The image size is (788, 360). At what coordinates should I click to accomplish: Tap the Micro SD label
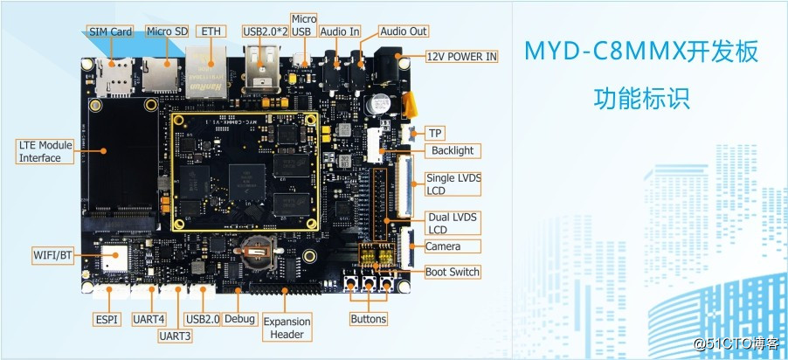pyautogui.click(x=167, y=32)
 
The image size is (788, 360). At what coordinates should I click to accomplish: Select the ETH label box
pyautogui.click(x=211, y=31)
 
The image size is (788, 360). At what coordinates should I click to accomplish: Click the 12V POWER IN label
pyautogui.click(x=462, y=57)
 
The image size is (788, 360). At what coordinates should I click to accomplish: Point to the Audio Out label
pyautogui.click(x=404, y=31)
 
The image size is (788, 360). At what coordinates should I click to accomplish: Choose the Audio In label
pyautogui.click(x=340, y=31)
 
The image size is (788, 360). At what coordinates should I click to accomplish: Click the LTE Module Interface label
pyautogui.click(x=41, y=151)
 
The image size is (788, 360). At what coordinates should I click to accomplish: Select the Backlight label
pyautogui.click(x=453, y=150)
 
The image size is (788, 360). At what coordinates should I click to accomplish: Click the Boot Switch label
pyautogui.click(x=453, y=272)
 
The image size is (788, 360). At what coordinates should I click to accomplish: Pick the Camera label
pyautogui.click(x=443, y=247)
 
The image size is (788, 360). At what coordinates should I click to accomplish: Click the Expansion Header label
pyautogui.click(x=287, y=328)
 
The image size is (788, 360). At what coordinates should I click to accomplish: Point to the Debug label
pyautogui.click(x=239, y=319)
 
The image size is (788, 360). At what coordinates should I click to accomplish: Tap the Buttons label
pyautogui.click(x=369, y=319)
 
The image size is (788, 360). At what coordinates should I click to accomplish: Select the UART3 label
pyautogui.click(x=178, y=336)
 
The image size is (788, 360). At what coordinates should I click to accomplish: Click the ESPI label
pyautogui.click(x=106, y=319)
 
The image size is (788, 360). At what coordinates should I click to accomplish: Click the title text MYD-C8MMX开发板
pyautogui.click(x=640, y=52)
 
